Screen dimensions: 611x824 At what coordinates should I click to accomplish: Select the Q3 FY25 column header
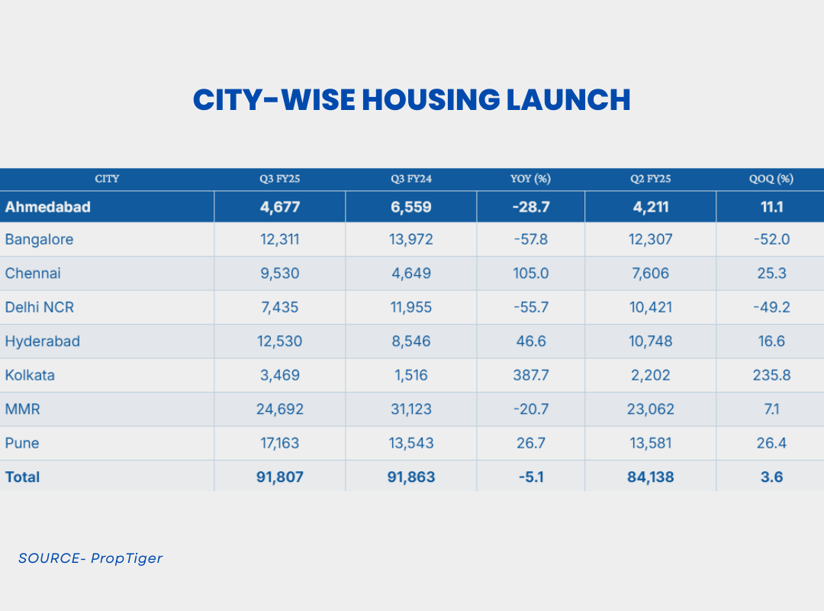280,179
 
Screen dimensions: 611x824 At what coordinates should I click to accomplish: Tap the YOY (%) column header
530,179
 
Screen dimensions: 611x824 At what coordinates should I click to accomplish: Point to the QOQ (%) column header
771,179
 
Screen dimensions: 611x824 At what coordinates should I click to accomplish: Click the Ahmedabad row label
47,207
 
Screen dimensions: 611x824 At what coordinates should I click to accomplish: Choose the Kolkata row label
30,375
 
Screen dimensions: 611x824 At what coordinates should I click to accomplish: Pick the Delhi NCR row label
40,308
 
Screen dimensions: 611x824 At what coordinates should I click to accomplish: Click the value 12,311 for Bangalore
280,240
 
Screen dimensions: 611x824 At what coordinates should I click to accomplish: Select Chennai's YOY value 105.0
530,273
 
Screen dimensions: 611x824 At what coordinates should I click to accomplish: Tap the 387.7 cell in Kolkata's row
530,375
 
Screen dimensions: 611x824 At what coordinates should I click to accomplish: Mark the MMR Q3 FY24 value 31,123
411,409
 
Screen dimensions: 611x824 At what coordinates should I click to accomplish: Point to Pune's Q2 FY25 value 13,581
651,443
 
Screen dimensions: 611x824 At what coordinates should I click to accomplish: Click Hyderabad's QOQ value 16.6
771,341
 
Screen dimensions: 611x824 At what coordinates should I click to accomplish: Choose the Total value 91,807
280,477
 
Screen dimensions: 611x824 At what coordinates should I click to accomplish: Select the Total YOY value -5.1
530,477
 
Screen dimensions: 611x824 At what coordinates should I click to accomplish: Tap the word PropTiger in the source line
127,558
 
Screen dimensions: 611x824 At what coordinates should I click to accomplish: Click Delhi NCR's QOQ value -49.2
771,308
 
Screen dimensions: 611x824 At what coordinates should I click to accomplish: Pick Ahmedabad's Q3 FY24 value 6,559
411,207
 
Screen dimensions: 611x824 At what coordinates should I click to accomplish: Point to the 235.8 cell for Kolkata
771,375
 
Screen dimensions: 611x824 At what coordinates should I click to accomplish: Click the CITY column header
107,179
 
